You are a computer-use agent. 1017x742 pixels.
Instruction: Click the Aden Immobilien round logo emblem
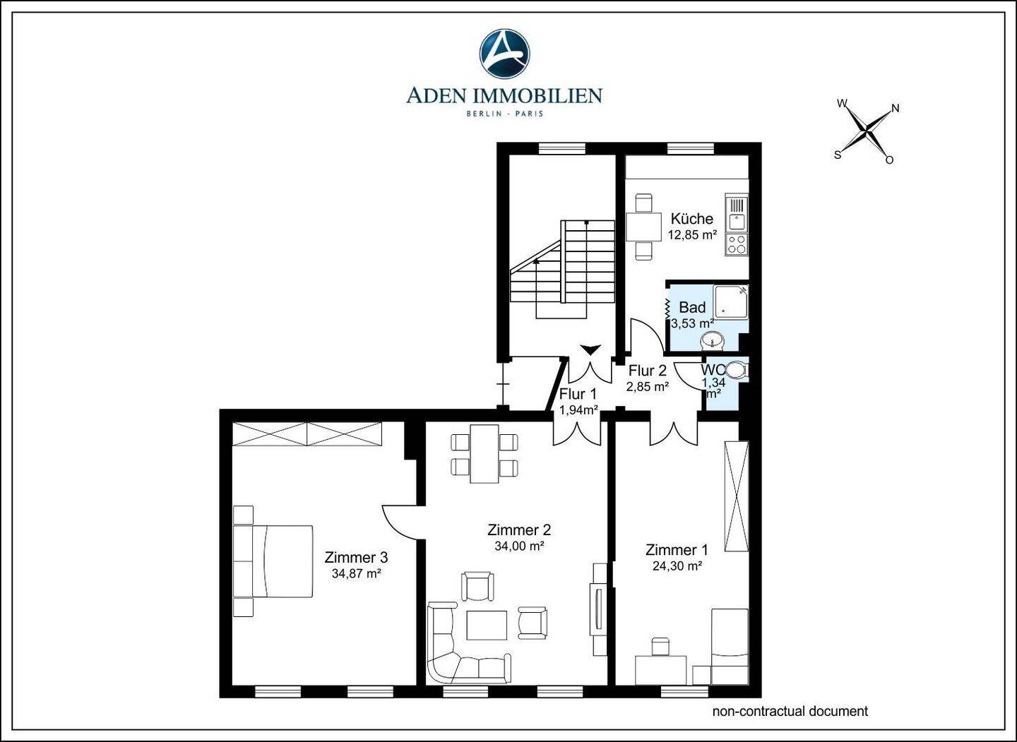click(x=504, y=54)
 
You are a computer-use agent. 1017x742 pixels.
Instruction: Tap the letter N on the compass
click(x=896, y=108)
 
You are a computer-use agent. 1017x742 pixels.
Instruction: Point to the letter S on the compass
click(x=838, y=155)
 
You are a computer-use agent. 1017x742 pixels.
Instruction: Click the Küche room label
click(x=692, y=219)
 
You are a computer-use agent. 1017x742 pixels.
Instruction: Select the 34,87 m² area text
click(x=356, y=573)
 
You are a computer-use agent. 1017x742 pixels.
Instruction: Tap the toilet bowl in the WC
click(x=738, y=370)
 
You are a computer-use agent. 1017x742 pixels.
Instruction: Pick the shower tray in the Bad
click(x=730, y=301)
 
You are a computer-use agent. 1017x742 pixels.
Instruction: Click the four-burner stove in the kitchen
click(x=736, y=244)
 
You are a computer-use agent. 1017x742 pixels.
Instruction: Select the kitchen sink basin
click(x=737, y=222)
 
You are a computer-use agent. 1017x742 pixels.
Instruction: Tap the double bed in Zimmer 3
click(x=273, y=561)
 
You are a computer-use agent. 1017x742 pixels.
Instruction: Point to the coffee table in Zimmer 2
click(x=486, y=625)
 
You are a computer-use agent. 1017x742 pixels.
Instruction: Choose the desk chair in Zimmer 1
click(x=660, y=646)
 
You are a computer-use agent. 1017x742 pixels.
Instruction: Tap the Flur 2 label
click(x=648, y=371)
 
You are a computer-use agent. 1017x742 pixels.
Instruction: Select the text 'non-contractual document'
click(x=790, y=711)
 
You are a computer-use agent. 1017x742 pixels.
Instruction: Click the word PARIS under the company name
click(x=529, y=114)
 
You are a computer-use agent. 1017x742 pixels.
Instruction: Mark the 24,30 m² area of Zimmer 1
click(x=677, y=566)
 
